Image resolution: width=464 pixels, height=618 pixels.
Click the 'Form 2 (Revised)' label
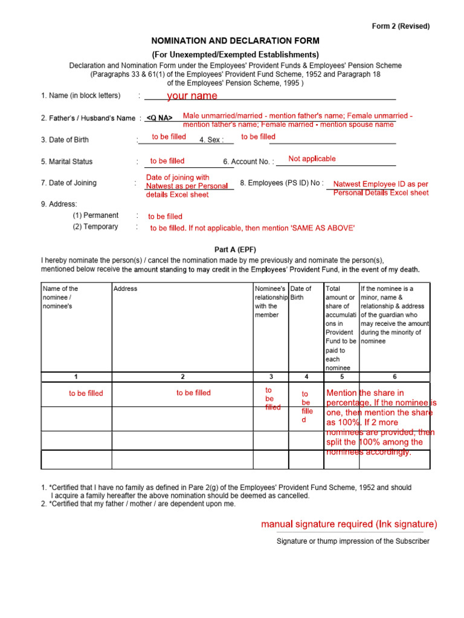(401, 26)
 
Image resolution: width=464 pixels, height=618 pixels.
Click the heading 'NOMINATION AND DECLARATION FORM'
(235, 41)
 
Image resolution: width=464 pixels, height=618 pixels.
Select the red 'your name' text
(192, 95)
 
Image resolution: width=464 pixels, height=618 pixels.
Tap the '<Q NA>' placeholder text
(159, 118)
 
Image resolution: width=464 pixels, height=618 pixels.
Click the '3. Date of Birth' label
(65, 140)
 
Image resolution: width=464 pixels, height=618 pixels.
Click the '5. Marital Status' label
(66, 162)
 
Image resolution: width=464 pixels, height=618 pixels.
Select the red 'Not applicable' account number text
(312, 159)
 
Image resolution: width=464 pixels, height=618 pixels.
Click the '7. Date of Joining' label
(68, 183)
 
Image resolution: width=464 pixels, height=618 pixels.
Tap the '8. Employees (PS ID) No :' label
(282, 183)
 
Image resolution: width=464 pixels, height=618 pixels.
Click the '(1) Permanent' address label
(95, 215)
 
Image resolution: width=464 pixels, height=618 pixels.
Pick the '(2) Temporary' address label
(95, 227)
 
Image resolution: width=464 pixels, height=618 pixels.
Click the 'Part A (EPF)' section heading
(235, 249)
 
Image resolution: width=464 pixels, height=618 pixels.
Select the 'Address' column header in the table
(125, 288)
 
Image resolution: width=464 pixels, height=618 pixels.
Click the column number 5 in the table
(342, 377)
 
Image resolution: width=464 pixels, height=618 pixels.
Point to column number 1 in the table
(76, 377)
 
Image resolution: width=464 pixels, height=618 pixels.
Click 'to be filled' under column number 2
(193, 393)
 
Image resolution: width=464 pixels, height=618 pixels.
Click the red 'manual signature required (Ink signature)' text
(349, 524)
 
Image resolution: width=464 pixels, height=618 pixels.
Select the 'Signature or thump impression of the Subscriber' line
(353, 541)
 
